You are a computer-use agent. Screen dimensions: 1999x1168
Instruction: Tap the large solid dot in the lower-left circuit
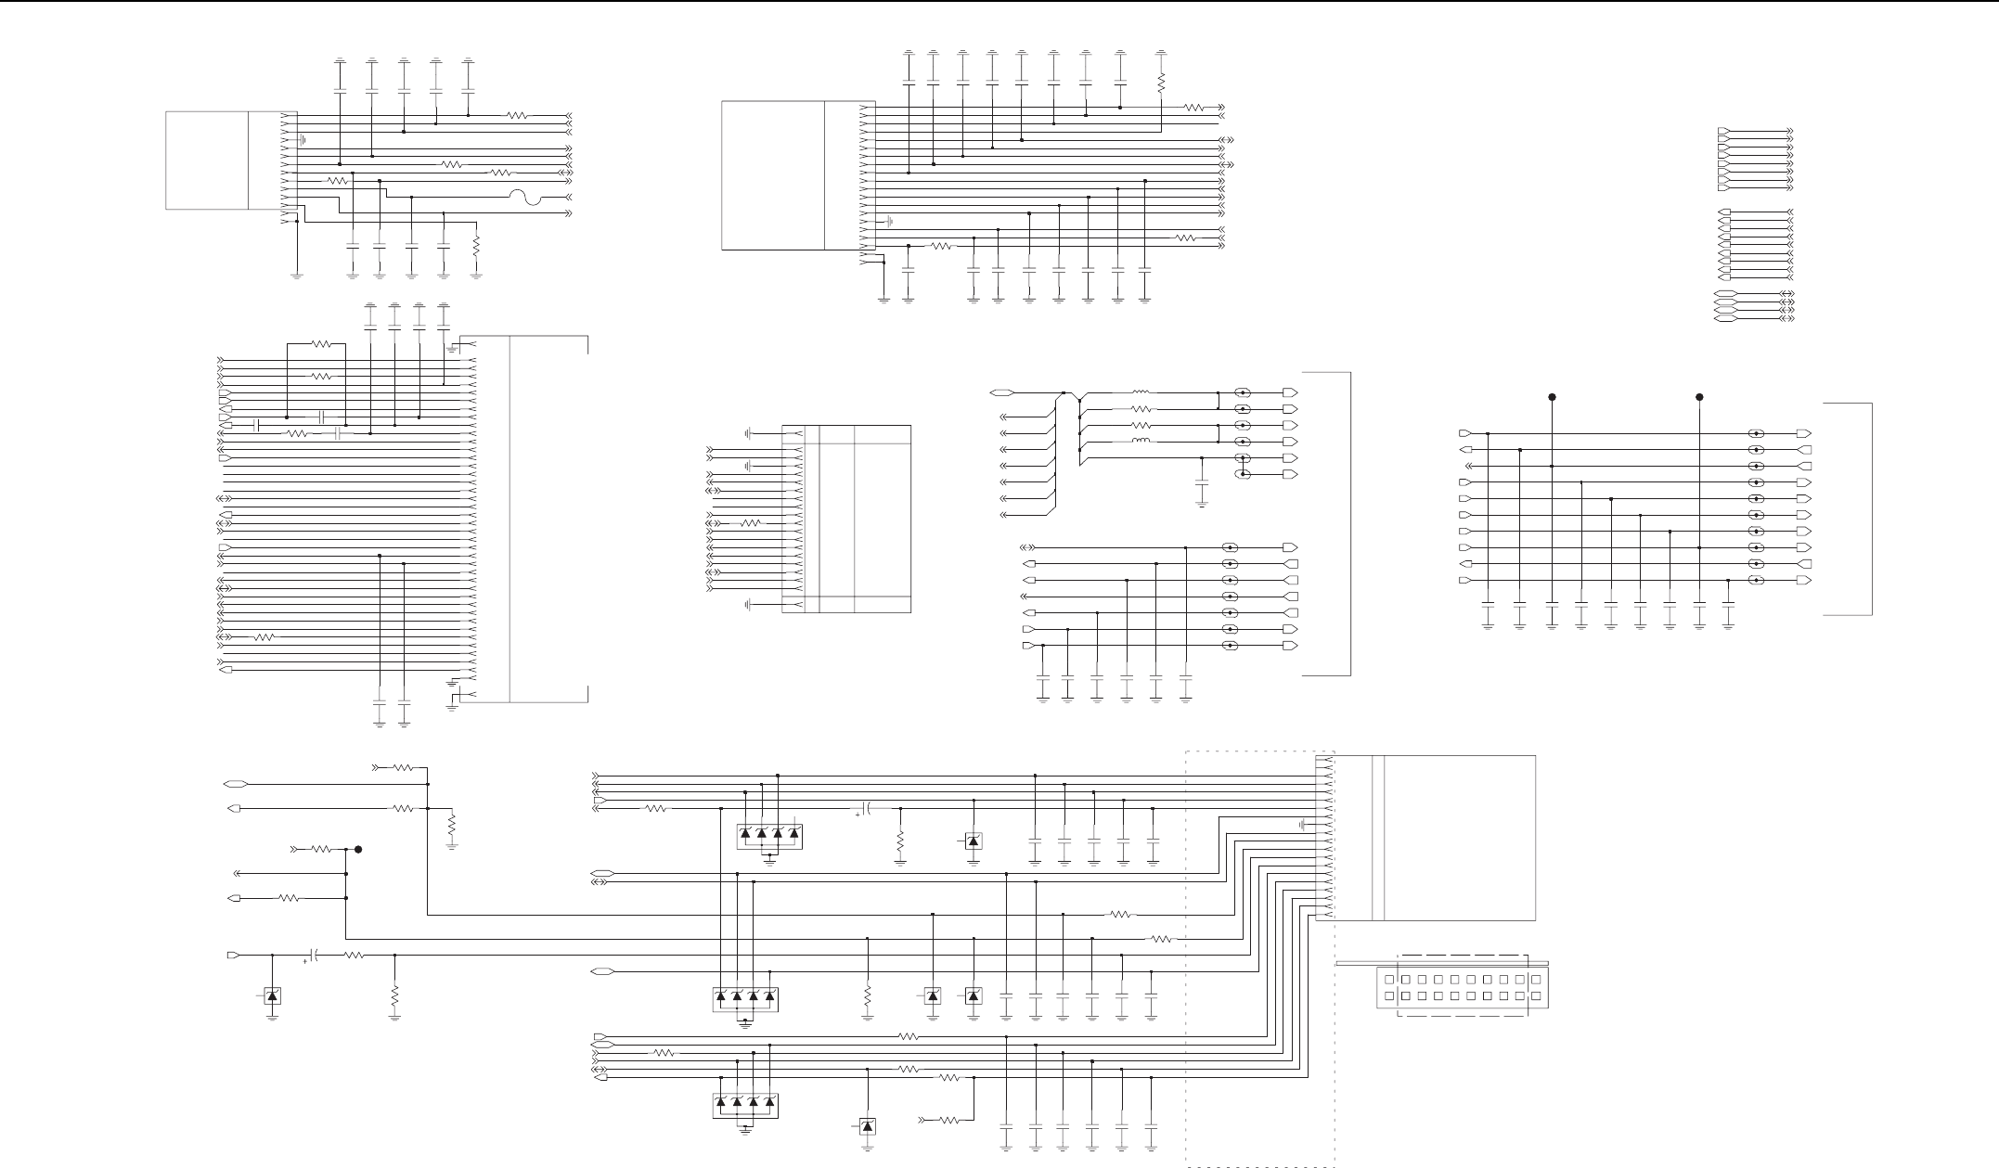(x=358, y=849)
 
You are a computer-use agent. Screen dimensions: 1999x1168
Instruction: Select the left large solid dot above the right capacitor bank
(x=1552, y=397)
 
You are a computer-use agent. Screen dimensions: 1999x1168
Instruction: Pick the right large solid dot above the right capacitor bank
(x=1699, y=397)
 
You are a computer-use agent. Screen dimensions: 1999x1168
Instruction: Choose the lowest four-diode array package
(x=745, y=1106)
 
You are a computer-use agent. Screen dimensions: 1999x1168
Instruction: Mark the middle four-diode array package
(x=745, y=1000)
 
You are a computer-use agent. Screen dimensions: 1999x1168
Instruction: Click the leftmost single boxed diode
(x=272, y=996)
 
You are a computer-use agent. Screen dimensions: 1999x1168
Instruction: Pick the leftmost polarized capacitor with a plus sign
(x=315, y=955)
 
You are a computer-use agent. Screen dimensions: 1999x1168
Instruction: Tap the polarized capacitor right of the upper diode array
(x=865, y=808)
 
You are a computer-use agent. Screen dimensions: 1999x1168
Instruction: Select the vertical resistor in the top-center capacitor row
(x=1161, y=84)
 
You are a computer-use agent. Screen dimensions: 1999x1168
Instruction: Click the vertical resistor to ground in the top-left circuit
(x=476, y=247)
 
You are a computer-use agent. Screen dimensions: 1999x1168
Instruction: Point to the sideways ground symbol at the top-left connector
(x=303, y=141)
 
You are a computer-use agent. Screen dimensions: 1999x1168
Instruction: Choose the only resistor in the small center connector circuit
(x=750, y=523)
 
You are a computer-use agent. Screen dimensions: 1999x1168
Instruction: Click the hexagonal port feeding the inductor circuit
(x=1000, y=393)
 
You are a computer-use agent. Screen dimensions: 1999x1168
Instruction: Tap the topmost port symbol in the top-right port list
(x=1723, y=131)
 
